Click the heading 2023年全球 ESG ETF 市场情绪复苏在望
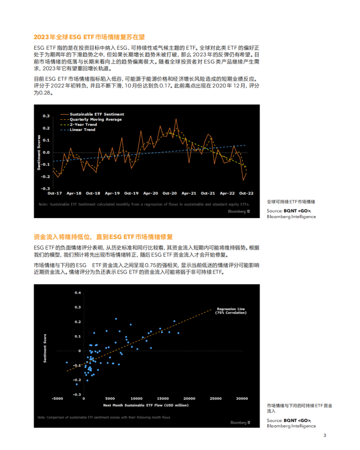pos(89,37)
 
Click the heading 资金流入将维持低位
pos(103,236)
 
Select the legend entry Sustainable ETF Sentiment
pos(96,114)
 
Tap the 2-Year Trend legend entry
pos(83,124)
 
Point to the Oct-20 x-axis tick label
pos(169,193)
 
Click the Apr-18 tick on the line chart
pos(74,193)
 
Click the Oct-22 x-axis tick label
pos(246,193)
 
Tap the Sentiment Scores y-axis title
pos(40,152)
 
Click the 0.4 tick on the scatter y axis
pos(78,293)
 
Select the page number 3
pos(325,435)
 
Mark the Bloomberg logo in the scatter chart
pos(240,422)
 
